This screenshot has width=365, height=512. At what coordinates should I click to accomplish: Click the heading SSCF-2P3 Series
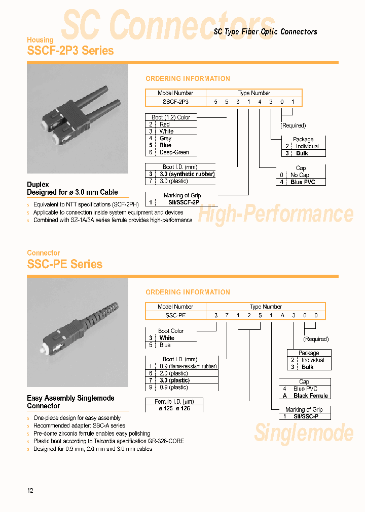click(x=70, y=51)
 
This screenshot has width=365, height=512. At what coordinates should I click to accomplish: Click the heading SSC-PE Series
click(x=64, y=264)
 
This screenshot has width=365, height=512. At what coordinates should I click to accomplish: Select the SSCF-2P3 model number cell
click(x=175, y=101)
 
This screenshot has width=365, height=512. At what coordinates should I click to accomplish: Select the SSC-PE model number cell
click(x=175, y=315)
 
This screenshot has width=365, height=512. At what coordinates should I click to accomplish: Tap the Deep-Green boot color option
click(x=174, y=152)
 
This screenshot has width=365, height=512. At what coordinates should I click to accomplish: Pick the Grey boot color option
click(x=165, y=138)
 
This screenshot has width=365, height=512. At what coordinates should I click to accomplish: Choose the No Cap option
click(x=300, y=175)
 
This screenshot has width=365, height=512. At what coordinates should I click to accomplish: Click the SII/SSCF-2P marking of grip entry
click(x=181, y=202)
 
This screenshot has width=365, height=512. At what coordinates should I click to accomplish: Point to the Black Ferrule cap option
click(x=310, y=396)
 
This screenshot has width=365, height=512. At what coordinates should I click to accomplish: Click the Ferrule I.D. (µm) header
click(x=173, y=401)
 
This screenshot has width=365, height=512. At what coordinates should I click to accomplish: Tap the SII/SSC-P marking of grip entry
click(x=306, y=416)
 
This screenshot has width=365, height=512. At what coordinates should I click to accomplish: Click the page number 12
click(x=30, y=491)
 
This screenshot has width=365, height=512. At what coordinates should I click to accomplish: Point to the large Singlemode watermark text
click(x=304, y=433)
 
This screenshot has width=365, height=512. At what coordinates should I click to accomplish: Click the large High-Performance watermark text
click(x=275, y=214)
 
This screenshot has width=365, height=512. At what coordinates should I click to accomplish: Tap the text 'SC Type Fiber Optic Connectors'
click(x=265, y=32)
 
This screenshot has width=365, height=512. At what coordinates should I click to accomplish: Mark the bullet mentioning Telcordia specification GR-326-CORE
click(x=108, y=441)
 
